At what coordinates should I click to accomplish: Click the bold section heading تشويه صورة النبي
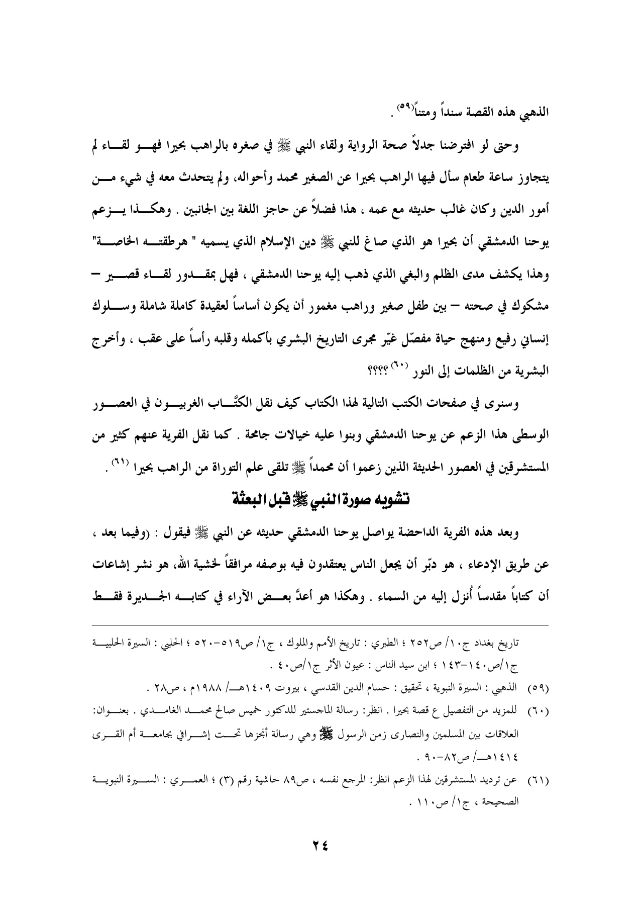point(319,484)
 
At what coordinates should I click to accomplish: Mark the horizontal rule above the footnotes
point(319,626)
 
